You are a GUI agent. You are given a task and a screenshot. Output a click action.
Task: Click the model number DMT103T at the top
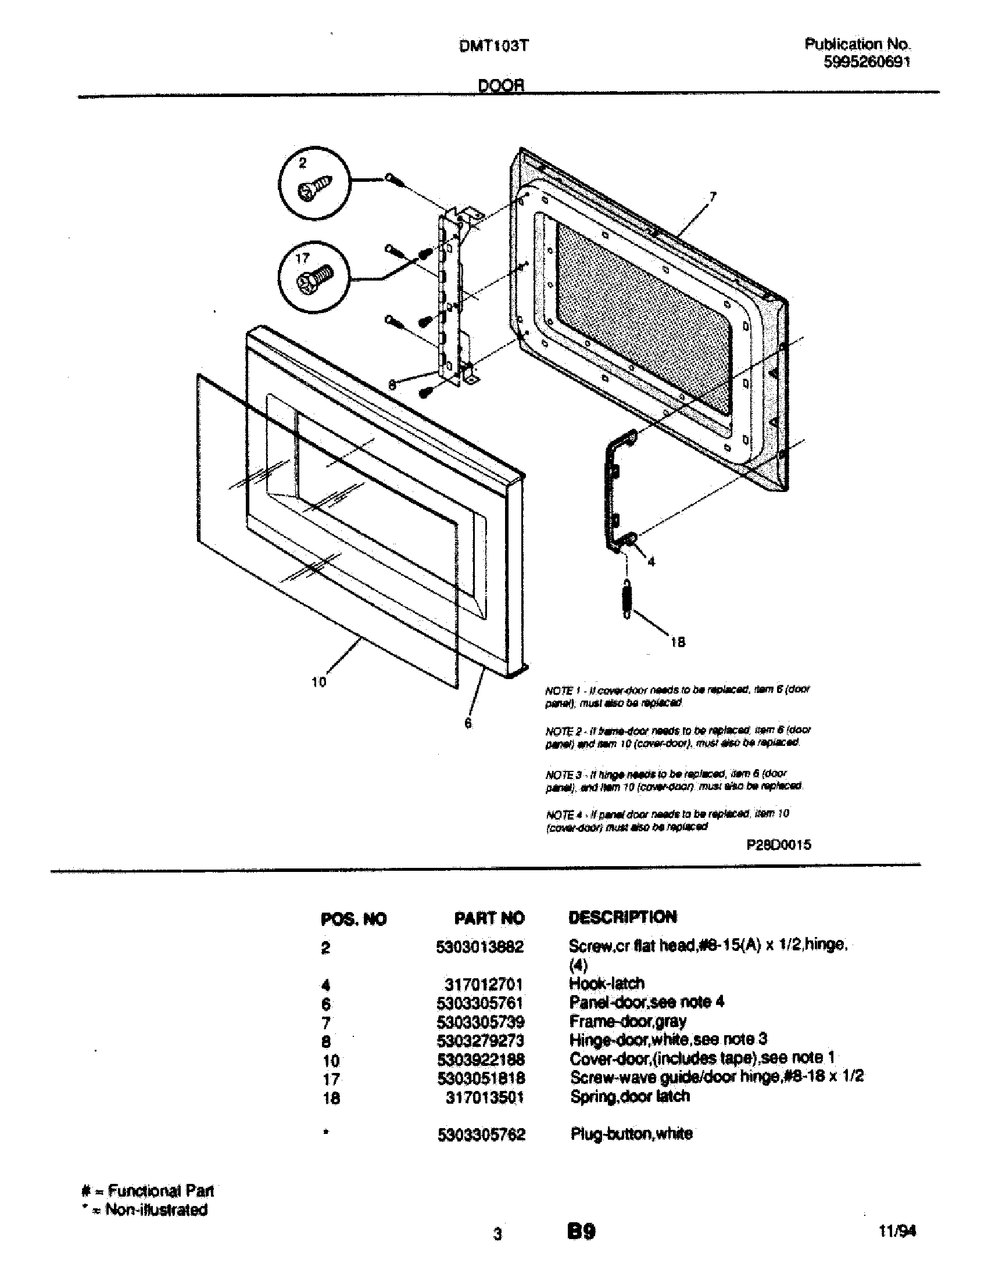point(494,46)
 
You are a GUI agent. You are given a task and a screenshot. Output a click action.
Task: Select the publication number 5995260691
point(867,62)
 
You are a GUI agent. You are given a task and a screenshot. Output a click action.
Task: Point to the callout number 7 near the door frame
point(712,198)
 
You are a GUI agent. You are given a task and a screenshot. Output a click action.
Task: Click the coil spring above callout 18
point(627,598)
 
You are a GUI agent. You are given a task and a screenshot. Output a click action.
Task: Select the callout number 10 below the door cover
point(319,682)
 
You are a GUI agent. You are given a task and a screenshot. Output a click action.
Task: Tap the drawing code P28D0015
point(778,845)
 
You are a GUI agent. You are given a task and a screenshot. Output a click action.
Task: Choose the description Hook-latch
point(606,983)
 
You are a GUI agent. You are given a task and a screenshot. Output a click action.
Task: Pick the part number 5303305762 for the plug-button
point(481,1135)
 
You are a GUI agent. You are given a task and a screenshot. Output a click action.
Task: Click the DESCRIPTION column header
point(622,917)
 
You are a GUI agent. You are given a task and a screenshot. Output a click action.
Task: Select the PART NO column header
point(489,918)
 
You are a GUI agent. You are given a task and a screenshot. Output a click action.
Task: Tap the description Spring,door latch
point(630,1096)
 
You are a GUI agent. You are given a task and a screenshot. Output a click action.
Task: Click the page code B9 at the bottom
point(581,1231)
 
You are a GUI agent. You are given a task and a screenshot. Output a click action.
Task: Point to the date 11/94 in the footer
point(897,1230)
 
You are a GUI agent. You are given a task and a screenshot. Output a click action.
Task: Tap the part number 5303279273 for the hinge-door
point(481,1040)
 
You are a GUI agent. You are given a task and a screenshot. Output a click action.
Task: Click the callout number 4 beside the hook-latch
point(651,562)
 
